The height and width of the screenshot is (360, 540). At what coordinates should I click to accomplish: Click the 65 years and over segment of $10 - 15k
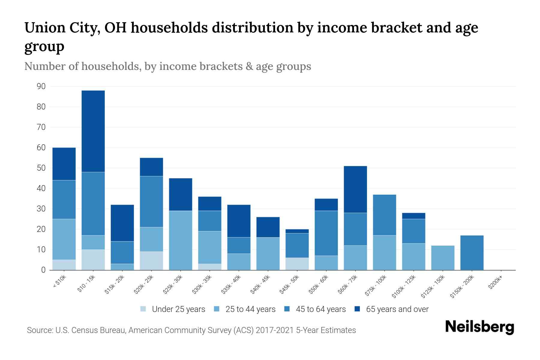click(93, 131)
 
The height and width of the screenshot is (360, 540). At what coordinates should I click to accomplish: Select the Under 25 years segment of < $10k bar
click(64, 265)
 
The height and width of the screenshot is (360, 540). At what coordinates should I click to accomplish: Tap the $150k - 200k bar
click(472, 253)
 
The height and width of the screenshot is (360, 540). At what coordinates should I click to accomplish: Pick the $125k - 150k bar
click(443, 258)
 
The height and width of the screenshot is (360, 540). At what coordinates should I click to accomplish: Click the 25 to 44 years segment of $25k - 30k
click(181, 240)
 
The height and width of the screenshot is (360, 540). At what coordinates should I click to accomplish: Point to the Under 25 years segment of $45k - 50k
click(297, 264)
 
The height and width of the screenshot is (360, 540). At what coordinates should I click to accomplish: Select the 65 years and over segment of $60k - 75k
click(355, 189)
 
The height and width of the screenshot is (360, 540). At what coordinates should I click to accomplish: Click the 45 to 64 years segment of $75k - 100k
click(384, 215)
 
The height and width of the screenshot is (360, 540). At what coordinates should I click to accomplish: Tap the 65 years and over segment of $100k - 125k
click(414, 216)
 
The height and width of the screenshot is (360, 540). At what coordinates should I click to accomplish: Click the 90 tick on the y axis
click(41, 87)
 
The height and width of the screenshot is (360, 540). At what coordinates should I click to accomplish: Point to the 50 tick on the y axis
click(41, 168)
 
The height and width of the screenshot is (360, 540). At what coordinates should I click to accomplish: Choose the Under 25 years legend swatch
click(143, 309)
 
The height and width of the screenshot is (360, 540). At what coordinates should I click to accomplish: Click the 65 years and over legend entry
click(397, 309)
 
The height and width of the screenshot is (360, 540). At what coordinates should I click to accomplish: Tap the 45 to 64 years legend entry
click(320, 309)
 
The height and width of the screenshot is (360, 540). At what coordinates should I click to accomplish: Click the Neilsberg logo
click(479, 327)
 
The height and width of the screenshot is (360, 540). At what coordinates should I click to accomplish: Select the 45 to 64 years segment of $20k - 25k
click(151, 202)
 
